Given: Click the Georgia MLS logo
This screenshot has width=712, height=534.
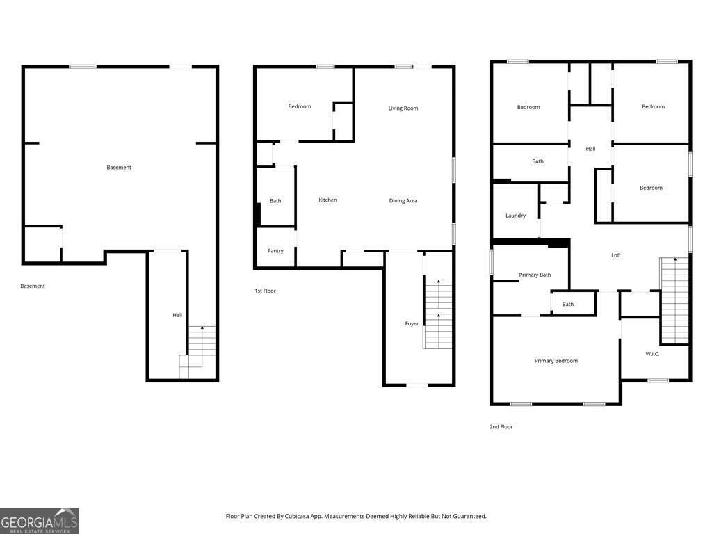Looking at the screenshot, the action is click(40, 521).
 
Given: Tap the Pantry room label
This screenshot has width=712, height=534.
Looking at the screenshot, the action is click(275, 250).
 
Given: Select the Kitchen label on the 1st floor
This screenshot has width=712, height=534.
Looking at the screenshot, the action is click(328, 200).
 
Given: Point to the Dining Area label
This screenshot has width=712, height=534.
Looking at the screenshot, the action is click(403, 201).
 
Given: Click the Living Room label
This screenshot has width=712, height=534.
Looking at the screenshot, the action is click(403, 108).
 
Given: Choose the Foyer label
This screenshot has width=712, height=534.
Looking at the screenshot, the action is click(412, 324).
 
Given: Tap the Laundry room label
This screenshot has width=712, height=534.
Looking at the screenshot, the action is click(515, 216).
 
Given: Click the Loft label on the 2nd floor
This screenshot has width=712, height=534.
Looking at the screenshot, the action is click(616, 255).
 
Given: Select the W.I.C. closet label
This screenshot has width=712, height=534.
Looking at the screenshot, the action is click(652, 354).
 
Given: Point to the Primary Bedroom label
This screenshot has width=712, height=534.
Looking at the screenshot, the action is click(556, 361).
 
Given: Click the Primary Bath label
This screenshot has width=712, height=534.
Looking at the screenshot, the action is click(535, 275).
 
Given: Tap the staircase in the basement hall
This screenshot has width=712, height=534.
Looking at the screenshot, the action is click(197, 352).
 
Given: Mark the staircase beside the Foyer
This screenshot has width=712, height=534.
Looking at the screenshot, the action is click(438, 314).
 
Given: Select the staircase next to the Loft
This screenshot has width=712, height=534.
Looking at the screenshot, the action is click(674, 300).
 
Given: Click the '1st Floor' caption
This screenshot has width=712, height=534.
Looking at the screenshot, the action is click(265, 291).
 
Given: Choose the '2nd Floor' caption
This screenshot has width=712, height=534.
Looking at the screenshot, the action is click(501, 427).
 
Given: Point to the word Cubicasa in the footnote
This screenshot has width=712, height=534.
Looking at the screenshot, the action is click(296, 517).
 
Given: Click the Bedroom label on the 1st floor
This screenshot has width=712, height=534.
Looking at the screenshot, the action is click(300, 106).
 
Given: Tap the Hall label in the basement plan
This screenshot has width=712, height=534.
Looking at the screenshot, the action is click(177, 315).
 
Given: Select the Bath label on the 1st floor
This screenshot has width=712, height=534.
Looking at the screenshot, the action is click(275, 201).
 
